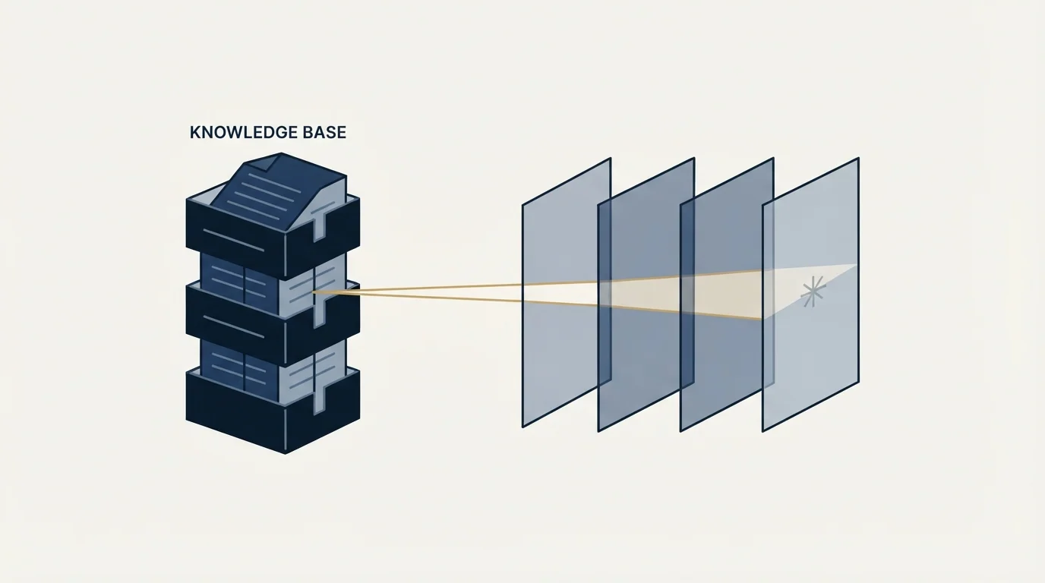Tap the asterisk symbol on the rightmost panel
tap(813, 291)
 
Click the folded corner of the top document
tap(264, 164)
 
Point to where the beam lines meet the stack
tap(313, 292)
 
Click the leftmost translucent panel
tap(567, 292)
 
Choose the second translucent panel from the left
tap(646, 295)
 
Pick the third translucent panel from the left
tap(727, 295)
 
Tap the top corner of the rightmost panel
tap(858, 159)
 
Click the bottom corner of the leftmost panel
tap(523, 427)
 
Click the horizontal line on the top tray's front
tap(234, 240)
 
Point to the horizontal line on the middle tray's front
tap(234, 327)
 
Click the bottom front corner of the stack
tap(285, 453)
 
